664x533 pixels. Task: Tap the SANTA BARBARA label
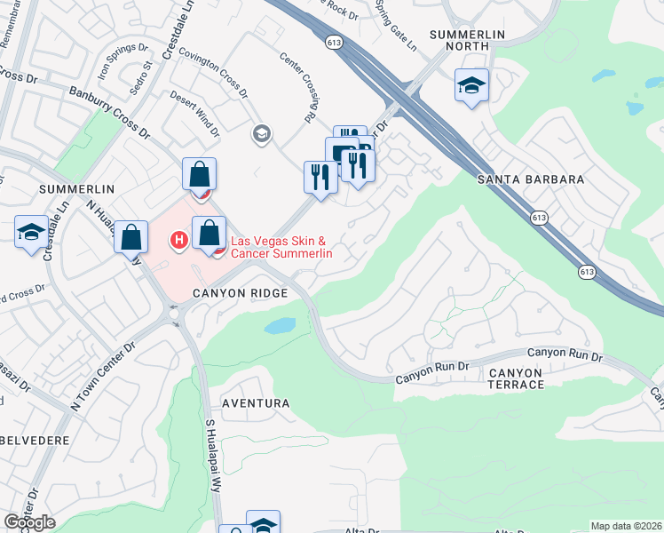coord(531,179)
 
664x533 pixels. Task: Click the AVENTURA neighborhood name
coord(256,403)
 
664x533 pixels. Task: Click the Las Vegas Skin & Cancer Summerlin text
coord(281,247)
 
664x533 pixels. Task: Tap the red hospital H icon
coord(178,239)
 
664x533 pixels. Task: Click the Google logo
coord(28,522)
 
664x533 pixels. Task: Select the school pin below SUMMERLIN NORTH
coord(471,86)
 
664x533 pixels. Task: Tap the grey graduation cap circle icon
coord(261,134)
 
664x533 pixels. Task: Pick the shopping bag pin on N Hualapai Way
coord(130,237)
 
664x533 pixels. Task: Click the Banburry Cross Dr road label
coord(108,113)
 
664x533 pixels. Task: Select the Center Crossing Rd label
coord(299,86)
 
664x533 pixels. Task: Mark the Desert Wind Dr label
coord(194,114)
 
